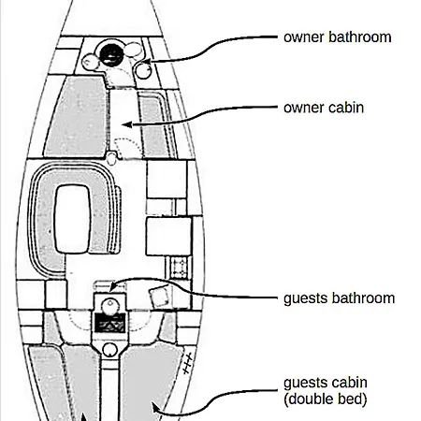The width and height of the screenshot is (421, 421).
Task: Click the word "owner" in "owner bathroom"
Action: click(304, 37)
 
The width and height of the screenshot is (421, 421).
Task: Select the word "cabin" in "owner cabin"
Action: click(346, 108)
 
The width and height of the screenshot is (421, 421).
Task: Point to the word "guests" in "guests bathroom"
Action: click(305, 298)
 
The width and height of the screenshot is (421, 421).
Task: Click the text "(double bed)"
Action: click(326, 399)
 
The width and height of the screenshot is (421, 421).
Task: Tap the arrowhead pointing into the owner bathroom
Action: click(147, 61)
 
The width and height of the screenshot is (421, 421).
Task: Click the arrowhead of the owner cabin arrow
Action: click(126, 124)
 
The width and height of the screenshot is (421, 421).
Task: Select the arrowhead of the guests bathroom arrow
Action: click(113, 287)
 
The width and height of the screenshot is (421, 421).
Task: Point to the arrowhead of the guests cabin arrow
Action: click(155, 408)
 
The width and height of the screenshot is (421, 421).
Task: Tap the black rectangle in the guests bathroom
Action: click(110, 323)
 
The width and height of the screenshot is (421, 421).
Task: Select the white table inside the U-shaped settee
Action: click(73, 219)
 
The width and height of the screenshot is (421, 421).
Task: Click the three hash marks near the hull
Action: click(188, 364)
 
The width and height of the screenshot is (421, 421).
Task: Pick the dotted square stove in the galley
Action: click(179, 268)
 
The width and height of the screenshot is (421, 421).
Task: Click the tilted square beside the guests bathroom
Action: click(159, 297)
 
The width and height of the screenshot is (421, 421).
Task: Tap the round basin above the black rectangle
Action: click(110, 306)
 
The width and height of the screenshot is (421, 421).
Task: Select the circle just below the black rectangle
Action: click(109, 350)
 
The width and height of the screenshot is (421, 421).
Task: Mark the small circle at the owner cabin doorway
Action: click(111, 158)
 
